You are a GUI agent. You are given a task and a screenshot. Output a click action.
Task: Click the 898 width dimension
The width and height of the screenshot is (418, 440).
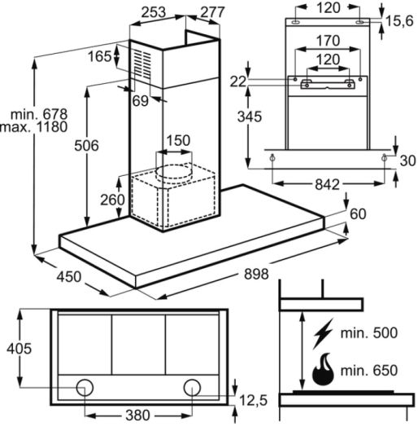(x=256, y=274)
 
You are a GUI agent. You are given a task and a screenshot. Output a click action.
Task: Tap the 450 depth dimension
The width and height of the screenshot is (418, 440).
(x=69, y=276)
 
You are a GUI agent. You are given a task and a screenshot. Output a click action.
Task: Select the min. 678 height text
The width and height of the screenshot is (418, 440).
(x=39, y=115)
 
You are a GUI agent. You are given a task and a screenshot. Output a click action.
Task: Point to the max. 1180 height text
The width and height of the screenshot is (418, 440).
(x=34, y=127)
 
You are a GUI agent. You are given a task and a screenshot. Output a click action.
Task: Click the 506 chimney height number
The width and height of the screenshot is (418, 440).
(x=86, y=145)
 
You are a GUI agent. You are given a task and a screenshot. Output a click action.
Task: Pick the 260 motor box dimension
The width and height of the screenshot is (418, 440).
(x=112, y=200)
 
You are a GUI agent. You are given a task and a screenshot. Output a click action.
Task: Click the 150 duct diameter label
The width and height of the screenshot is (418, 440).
(x=178, y=140)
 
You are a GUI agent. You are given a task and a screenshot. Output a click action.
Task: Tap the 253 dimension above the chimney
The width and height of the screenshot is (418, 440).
(x=154, y=12)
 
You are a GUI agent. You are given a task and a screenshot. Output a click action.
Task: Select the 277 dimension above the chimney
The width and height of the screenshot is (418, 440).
(x=212, y=12)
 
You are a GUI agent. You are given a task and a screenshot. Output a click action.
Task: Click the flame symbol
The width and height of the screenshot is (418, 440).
(x=323, y=369)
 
